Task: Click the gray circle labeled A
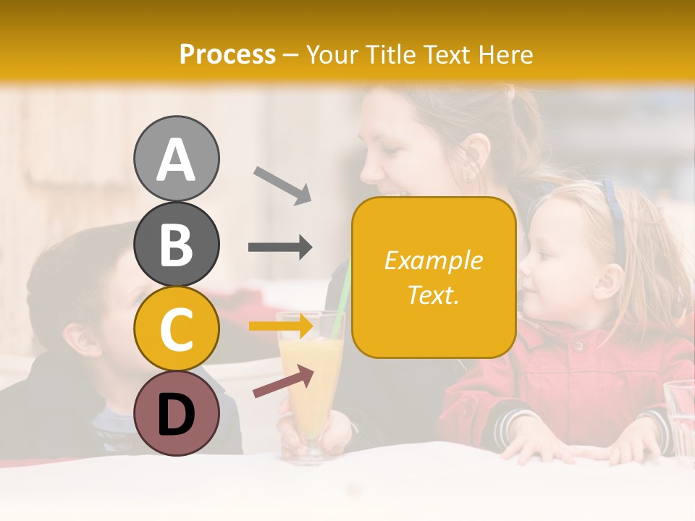(x=176, y=158)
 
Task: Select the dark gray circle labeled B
(x=176, y=244)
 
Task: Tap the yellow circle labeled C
(x=176, y=329)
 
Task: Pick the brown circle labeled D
(x=176, y=413)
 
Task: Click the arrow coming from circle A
(x=282, y=185)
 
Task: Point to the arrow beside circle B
(x=280, y=247)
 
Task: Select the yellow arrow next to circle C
(x=280, y=326)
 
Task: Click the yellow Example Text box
(x=434, y=278)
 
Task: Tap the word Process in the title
(x=227, y=54)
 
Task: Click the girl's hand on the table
(x=536, y=445)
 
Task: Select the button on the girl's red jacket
(x=578, y=347)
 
